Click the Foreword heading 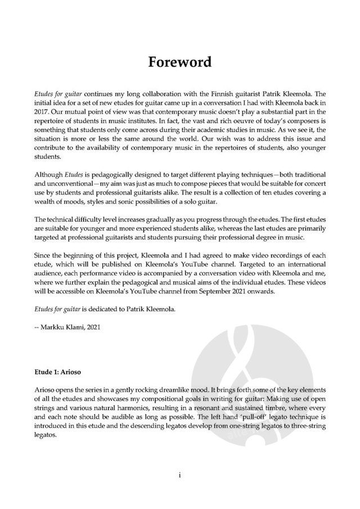(x=180, y=61)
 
